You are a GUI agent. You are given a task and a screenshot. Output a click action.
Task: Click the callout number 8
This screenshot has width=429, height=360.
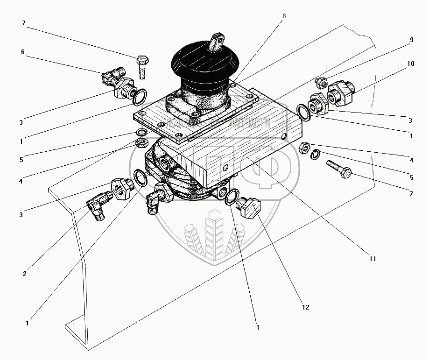point(284,16)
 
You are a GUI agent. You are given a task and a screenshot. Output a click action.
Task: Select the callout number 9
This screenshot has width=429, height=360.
point(411,40)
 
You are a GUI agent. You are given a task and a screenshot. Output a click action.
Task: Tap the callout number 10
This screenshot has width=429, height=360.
point(410,64)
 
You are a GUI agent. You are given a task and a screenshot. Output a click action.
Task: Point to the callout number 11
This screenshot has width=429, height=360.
point(372,258)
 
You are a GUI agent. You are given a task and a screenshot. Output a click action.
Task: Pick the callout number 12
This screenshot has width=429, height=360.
point(305,308)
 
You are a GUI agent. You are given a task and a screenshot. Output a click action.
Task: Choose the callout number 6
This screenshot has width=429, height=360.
point(22,53)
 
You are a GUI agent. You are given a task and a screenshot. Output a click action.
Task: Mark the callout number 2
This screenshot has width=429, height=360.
point(24,274)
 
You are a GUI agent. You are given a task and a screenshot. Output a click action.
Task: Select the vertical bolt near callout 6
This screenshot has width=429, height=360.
point(142,67)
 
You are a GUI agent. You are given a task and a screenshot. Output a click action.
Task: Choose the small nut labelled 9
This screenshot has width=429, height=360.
point(320,83)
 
